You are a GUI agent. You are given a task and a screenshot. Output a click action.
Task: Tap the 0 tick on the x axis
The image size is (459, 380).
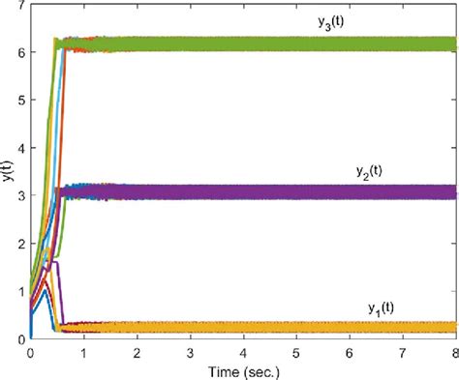click(31, 352)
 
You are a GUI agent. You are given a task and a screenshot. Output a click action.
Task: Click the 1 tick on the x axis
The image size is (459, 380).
click(84, 352)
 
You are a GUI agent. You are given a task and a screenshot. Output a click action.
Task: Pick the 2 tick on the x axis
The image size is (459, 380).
click(138, 352)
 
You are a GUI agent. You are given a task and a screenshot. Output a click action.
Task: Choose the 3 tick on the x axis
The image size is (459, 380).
click(191, 352)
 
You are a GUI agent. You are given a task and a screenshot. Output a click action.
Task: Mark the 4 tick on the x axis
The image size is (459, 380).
click(244, 352)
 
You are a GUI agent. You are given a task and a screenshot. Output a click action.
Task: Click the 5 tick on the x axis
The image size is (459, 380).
click(296, 352)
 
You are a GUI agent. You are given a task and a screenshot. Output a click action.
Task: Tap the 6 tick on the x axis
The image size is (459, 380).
click(350, 352)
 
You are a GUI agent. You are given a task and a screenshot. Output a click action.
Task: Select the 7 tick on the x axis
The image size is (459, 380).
click(403, 352)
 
